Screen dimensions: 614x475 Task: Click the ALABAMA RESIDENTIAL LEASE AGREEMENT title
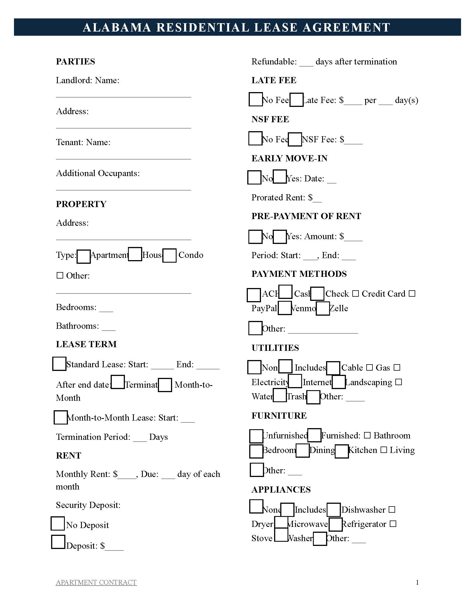(x=237, y=27)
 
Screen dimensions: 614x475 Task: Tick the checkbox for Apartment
(x=84, y=256)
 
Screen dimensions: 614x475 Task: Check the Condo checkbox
(x=169, y=255)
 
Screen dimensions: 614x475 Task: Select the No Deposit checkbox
(x=58, y=523)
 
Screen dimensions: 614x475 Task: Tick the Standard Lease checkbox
(x=59, y=363)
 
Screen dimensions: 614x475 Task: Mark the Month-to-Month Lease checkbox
(x=61, y=417)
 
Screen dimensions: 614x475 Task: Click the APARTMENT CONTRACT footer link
(x=96, y=582)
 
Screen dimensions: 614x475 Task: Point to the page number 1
(x=417, y=582)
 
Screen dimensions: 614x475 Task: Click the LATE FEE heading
(x=274, y=80)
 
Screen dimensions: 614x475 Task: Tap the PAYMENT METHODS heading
(x=299, y=274)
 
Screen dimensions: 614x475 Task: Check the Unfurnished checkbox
(x=256, y=436)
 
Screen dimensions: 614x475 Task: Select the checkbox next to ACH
(x=253, y=295)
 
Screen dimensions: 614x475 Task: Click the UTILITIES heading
(x=275, y=348)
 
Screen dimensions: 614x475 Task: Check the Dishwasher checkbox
(x=334, y=510)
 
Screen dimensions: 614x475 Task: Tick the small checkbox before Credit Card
(x=356, y=294)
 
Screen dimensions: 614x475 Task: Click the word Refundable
(x=274, y=62)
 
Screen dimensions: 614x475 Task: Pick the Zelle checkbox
(x=323, y=308)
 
